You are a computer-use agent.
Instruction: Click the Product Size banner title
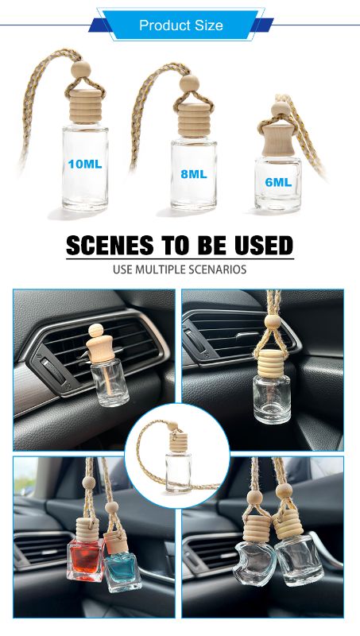181,25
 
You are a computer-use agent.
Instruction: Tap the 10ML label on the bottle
85,164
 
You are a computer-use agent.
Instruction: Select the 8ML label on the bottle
194,174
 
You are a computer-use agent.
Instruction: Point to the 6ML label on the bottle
278,182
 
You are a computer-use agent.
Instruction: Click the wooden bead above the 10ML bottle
81,69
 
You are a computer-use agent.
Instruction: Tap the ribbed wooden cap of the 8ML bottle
193,114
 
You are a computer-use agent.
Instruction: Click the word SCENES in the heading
110,245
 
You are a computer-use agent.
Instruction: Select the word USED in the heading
264,245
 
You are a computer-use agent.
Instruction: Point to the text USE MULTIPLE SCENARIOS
180,270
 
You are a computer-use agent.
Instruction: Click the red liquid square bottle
86,560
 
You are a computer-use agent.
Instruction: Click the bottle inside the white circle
178,471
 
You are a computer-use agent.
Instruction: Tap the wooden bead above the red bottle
89,483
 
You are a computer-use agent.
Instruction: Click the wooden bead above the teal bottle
111,507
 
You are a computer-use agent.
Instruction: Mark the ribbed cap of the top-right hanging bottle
271,363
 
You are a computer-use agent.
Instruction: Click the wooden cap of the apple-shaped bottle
257,528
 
